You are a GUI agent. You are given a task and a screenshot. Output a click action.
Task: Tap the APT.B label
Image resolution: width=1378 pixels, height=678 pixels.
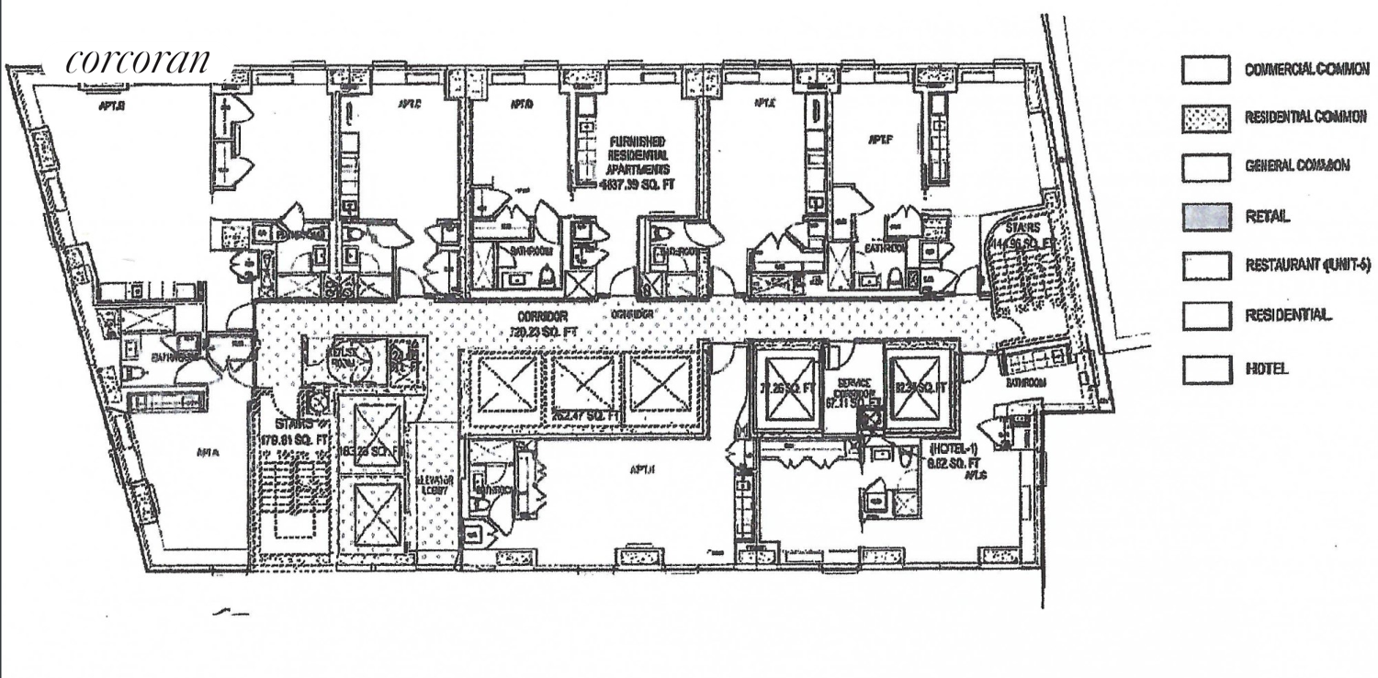[112, 106]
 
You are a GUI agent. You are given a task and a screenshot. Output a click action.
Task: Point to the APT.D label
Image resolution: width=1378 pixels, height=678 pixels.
[522, 106]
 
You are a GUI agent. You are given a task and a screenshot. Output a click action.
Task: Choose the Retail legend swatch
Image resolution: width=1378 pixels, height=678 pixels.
[1205, 216]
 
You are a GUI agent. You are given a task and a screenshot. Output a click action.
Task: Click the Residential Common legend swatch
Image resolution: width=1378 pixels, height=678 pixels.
[1205, 117]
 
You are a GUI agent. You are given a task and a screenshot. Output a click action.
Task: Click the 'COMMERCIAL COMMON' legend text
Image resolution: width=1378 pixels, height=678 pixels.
[1305, 68]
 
